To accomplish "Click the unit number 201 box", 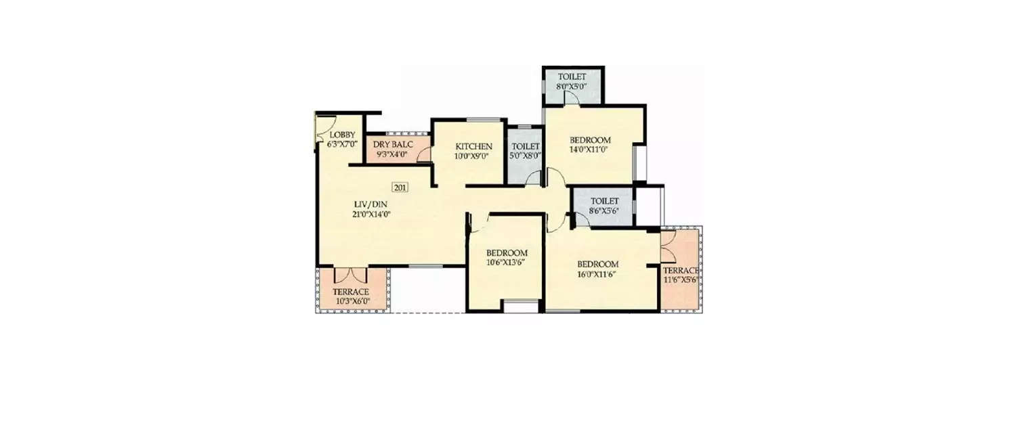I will [x=400, y=187].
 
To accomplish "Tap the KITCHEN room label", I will [x=473, y=146].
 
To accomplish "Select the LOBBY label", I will [x=342, y=135].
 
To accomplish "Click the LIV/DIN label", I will [x=372, y=204].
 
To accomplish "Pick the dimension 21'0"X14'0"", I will [x=372, y=215].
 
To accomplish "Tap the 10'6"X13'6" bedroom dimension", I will [x=506, y=263].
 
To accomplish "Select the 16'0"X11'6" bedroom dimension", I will [x=598, y=274].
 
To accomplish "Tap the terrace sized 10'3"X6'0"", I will [x=351, y=296].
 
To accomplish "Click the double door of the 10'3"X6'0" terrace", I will [x=351, y=275].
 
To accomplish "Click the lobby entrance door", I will [x=321, y=129].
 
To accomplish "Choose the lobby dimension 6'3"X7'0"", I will [x=342, y=143].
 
